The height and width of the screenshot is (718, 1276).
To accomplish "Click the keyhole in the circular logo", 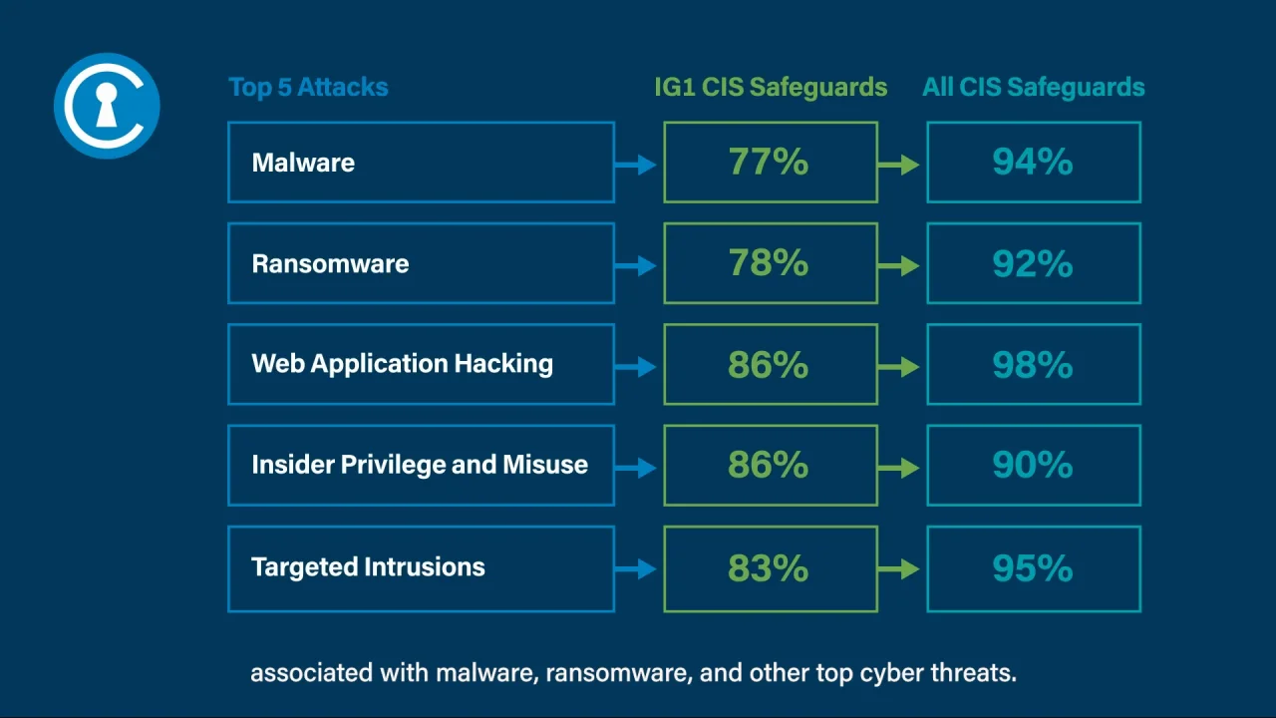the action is (x=107, y=105).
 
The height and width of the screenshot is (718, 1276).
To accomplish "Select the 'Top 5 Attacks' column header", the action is (x=308, y=87).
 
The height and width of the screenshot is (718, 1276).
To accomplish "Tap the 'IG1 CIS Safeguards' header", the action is (x=771, y=87).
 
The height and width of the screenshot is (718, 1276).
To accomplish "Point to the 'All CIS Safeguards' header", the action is (x=1034, y=87).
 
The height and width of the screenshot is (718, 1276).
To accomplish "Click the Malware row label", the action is (x=303, y=163).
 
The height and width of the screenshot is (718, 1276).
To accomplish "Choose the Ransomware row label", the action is (x=330, y=264).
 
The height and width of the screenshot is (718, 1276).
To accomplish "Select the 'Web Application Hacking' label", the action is (x=402, y=364).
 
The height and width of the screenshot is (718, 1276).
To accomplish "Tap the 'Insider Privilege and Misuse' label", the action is (x=420, y=465).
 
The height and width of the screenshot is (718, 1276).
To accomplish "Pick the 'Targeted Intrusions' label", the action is (x=368, y=567).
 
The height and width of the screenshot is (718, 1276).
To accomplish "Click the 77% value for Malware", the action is (x=769, y=162).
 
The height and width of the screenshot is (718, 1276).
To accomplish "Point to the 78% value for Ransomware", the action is (x=769, y=262).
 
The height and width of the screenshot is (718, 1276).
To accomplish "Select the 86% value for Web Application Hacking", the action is (x=769, y=364).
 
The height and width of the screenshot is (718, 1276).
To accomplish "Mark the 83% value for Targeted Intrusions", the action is (x=769, y=567).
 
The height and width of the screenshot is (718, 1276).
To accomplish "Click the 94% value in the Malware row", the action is (x=1033, y=162).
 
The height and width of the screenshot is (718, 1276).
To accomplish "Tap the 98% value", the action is (x=1033, y=364).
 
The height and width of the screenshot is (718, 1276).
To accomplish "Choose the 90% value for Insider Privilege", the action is (x=1033, y=465).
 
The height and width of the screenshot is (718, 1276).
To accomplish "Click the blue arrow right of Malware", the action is (x=636, y=165).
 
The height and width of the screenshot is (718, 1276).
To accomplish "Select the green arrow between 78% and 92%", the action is (x=898, y=265).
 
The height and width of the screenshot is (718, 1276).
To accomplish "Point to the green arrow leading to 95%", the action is (x=898, y=568).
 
